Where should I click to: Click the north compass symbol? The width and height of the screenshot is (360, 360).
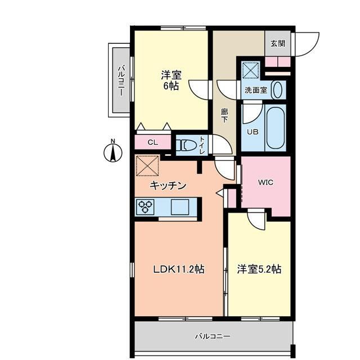(112, 152)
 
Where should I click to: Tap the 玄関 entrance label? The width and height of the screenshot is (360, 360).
(278, 43)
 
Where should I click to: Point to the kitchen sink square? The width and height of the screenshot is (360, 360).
(180, 207)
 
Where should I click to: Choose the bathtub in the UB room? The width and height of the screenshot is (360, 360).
(276, 128)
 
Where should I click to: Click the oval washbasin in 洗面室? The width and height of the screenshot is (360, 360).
(278, 90)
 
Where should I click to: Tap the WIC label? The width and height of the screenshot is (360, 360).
(265, 182)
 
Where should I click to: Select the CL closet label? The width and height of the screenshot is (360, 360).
(152, 142)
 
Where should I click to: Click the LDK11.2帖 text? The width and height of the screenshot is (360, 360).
(179, 269)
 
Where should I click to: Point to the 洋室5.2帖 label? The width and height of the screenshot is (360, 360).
(259, 269)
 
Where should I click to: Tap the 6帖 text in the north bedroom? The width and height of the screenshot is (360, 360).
(171, 85)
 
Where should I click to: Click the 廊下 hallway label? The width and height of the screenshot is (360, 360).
(224, 115)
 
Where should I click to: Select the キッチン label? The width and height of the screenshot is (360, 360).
(168, 185)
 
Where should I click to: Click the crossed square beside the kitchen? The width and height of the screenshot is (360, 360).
(147, 165)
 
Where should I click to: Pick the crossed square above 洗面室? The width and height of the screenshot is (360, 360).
(251, 70)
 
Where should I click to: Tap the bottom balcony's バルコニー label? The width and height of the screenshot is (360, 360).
(213, 336)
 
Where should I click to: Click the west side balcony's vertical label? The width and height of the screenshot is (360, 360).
(121, 80)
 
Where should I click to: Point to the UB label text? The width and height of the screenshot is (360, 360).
(253, 132)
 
